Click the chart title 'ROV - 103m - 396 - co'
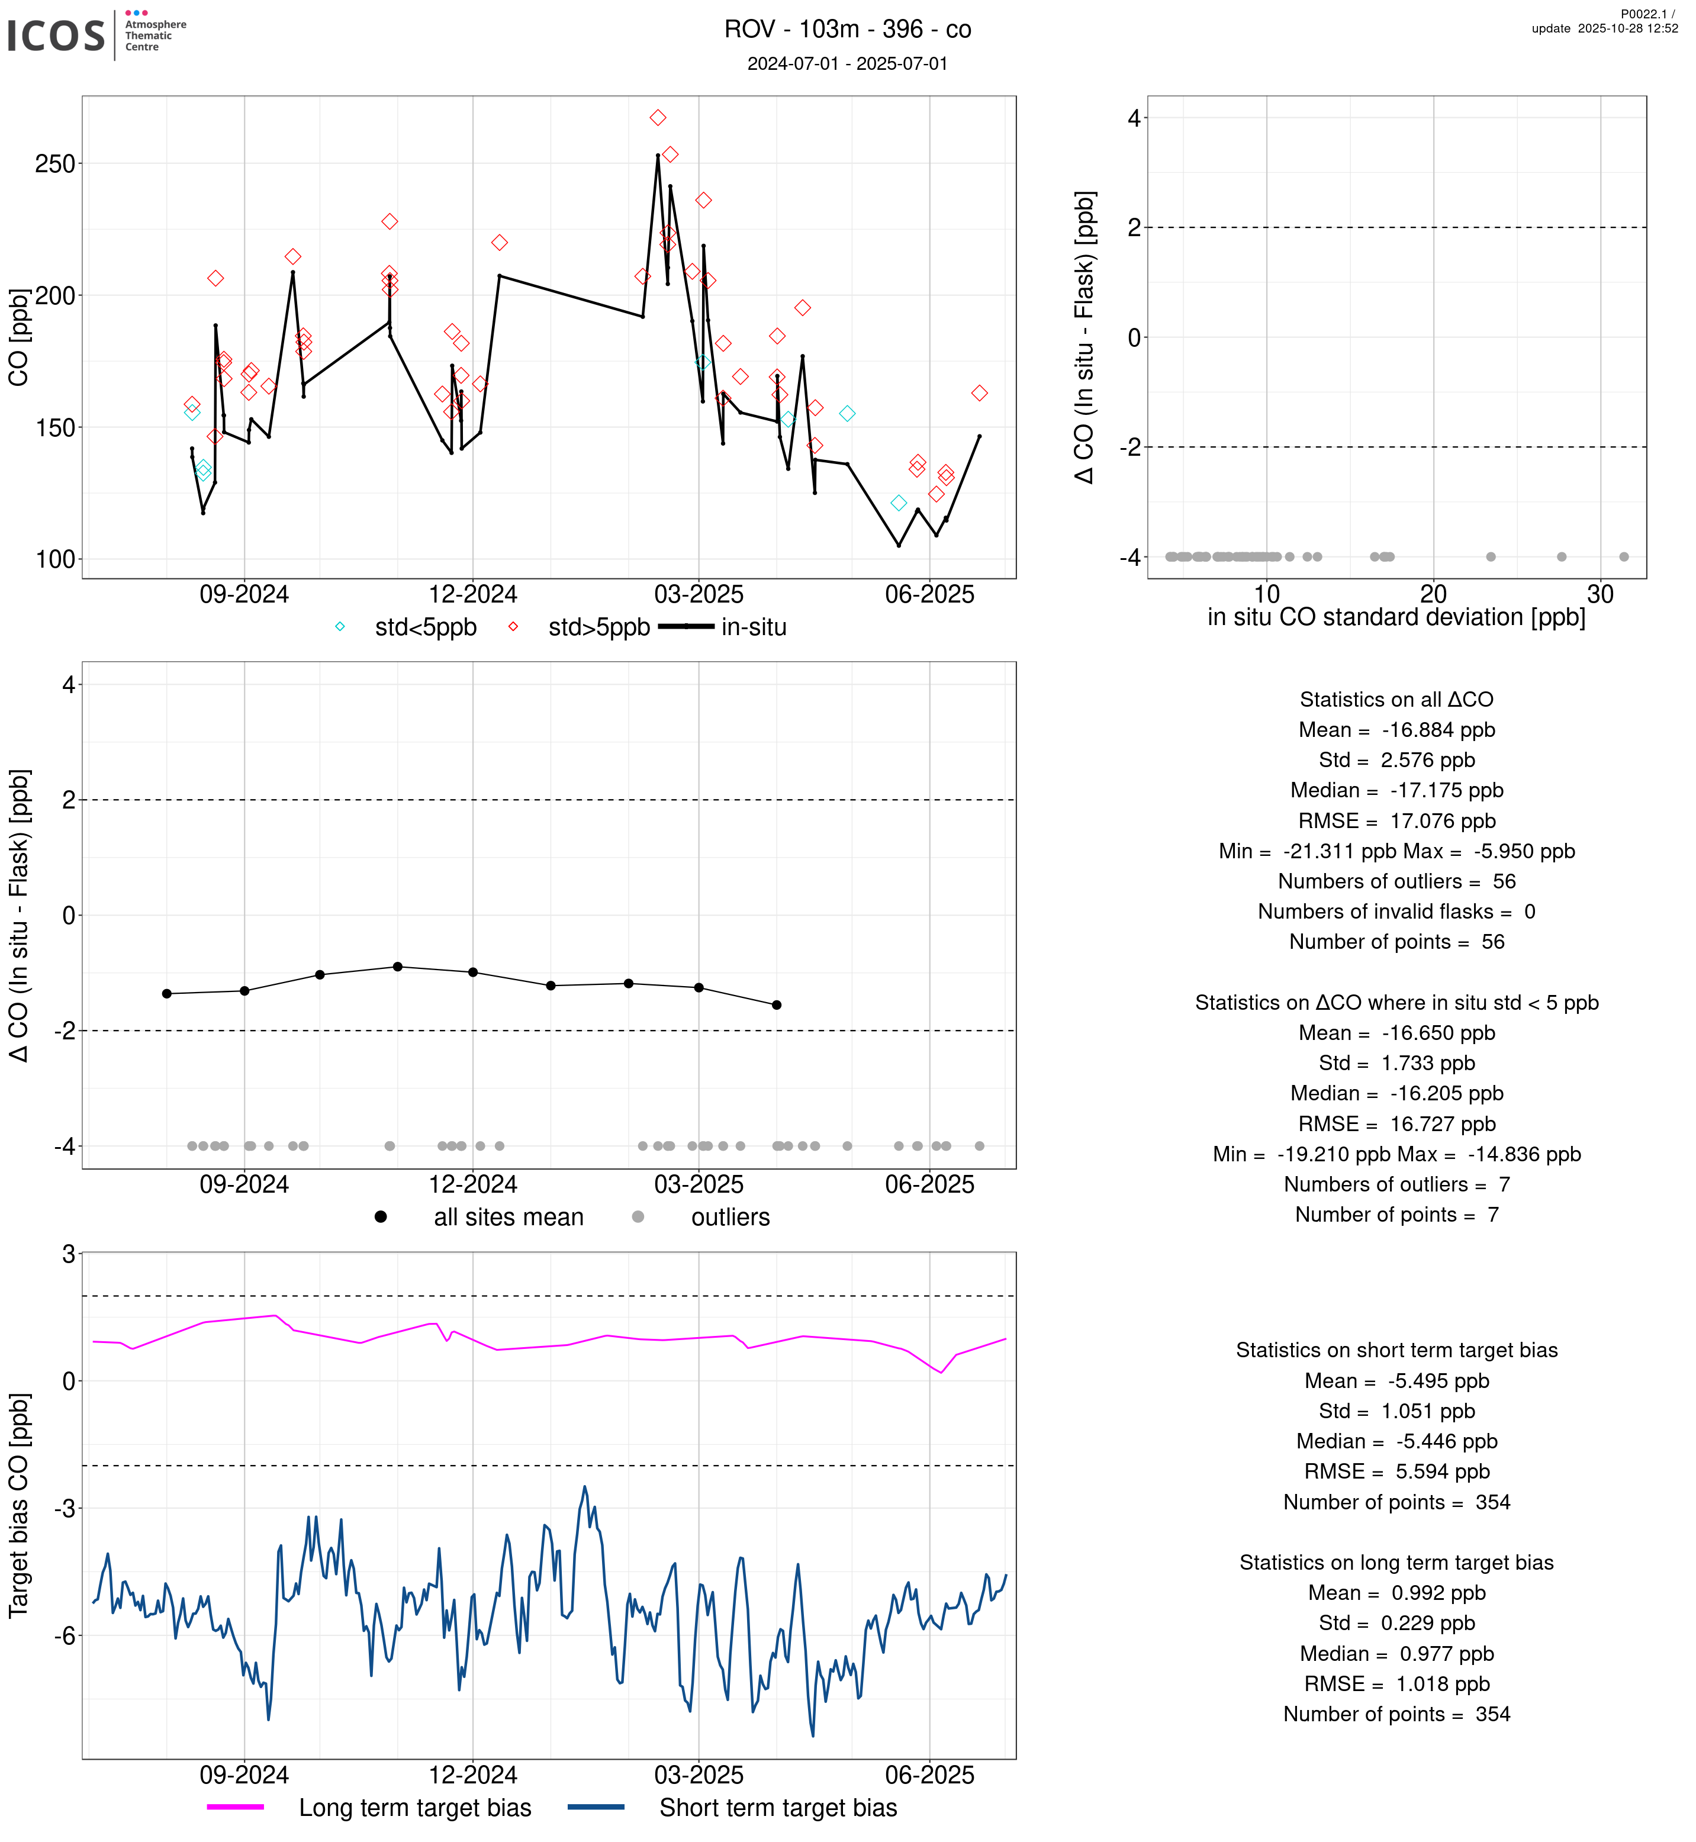pos(847,30)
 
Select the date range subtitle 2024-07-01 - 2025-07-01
pos(847,63)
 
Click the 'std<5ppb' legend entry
pos(425,628)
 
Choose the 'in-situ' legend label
pos(754,628)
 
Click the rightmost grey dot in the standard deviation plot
pos(1624,557)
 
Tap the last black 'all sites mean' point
pos(777,1005)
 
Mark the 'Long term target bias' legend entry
pos(415,1807)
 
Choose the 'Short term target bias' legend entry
pos(777,1807)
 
